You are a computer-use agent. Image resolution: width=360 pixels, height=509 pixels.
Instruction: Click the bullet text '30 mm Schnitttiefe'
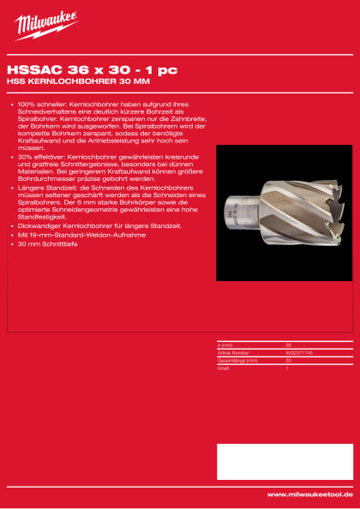point(48,244)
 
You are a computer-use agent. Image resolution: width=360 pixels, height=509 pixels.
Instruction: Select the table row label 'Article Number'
point(233,351)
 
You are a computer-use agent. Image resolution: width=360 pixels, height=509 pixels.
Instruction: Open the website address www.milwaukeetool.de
point(309,494)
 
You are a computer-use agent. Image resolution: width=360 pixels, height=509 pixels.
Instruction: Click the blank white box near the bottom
point(284,460)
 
